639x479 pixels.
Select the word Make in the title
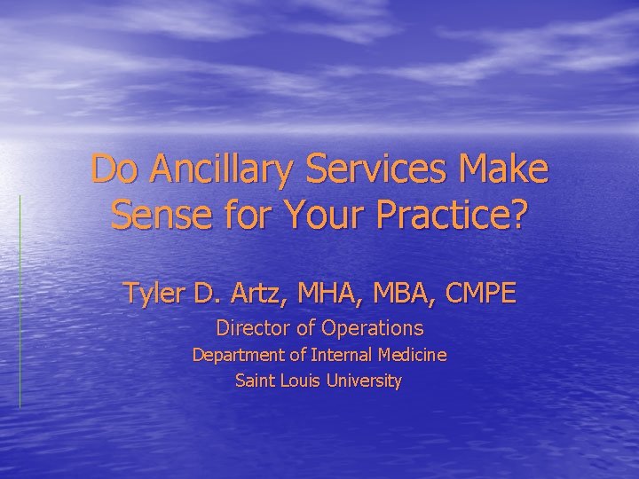click(x=503, y=169)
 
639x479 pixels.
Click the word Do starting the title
click(x=112, y=169)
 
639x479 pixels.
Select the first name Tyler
click(x=152, y=294)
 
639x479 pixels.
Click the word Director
click(x=250, y=328)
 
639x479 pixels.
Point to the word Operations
click(x=373, y=328)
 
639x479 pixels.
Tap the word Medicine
click(x=412, y=355)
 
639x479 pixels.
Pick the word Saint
click(x=255, y=381)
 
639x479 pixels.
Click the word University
click(x=364, y=381)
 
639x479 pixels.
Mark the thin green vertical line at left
click(x=20, y=302)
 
